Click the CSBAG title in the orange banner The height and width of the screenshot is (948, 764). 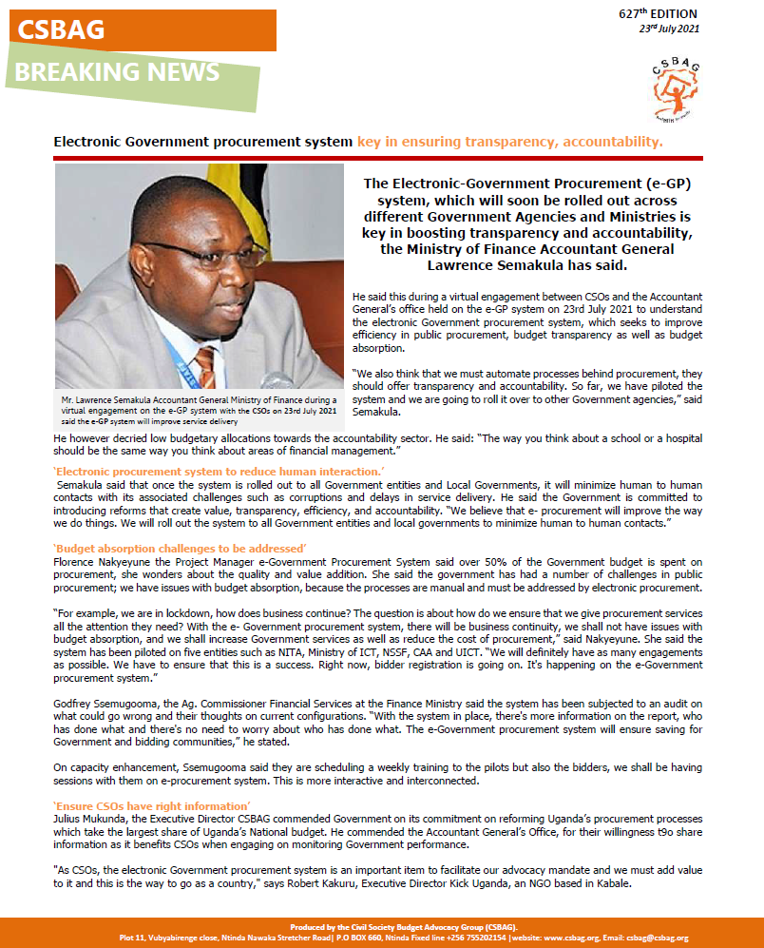tap(61, 31)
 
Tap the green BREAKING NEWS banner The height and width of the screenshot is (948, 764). tap(118, 72)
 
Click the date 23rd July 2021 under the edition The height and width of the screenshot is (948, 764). tap(669, 30)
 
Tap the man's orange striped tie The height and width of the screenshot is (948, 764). tap(205, 367)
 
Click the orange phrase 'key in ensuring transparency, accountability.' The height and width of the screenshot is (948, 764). tap(510, 142)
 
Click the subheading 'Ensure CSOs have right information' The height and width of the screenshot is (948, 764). tap(139, 805)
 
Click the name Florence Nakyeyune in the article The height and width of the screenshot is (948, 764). tap(100, 562)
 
